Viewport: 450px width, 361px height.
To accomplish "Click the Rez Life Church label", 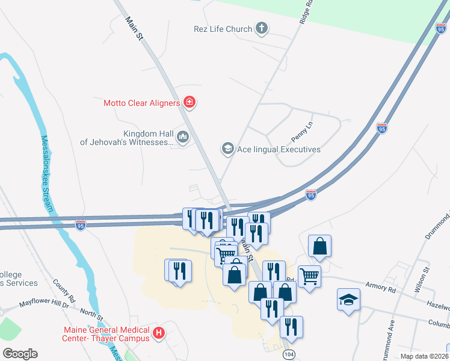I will (x=223, y=29).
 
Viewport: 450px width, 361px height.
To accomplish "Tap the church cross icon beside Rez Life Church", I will (x=261, y=28).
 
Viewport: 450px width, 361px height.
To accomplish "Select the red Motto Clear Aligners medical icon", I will (x=190, y=103).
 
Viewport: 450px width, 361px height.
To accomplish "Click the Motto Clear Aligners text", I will (x=142, y=103).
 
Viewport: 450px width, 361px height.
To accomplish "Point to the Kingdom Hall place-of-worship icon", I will (x=183, y=138).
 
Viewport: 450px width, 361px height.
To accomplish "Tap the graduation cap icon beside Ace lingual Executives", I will (x=227, y=149).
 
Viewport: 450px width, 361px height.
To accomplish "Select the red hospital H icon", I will (x=159, y=333).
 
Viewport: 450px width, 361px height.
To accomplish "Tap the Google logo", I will (x=20, y=353).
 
